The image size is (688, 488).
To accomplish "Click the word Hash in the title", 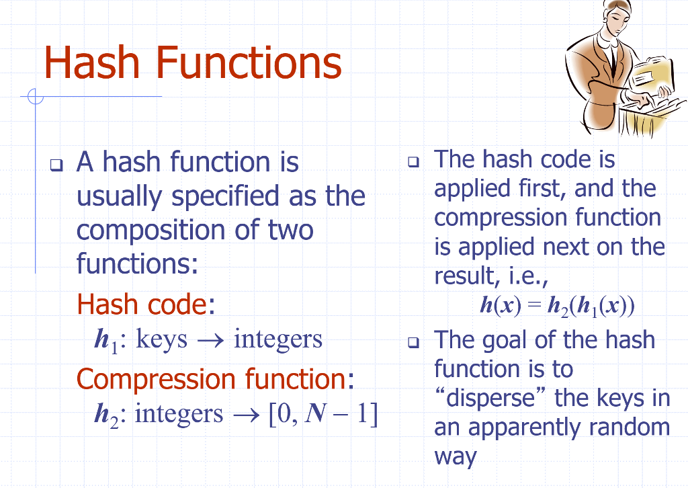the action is coord(91,63).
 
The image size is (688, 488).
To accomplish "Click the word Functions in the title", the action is coord(249,63).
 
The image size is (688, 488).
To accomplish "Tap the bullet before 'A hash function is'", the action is coord(56,165).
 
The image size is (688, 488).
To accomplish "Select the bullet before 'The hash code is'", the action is coord(413,162).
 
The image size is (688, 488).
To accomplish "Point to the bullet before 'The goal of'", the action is coord(413,342).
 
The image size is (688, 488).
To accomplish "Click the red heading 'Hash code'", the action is coord(141,304).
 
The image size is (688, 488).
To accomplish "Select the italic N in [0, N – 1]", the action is coord(315,413).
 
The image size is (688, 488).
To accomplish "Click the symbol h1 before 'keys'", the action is coord(107,341).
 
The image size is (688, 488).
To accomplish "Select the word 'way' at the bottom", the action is coord(455,457).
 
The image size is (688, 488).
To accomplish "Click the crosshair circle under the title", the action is coord(35,97).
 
